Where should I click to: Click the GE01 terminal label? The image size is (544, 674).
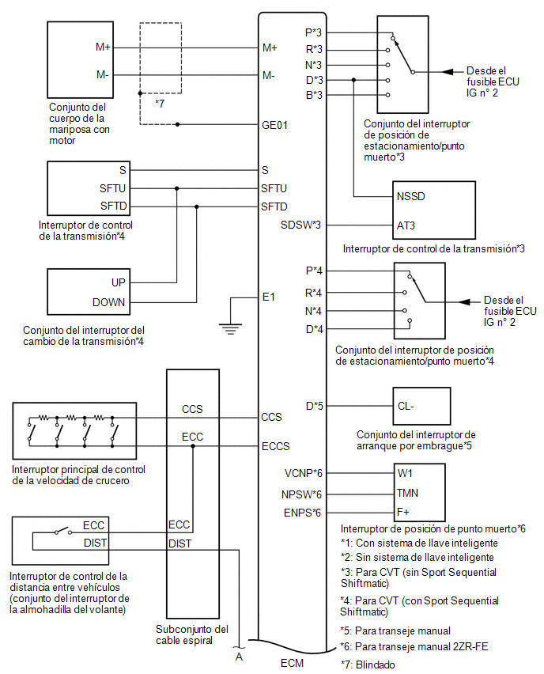[274, 125]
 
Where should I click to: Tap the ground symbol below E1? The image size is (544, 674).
[230, 329]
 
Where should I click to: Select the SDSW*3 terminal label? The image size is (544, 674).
[300, 225]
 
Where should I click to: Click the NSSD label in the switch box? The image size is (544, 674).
[411, 196]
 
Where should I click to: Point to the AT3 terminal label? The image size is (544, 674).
[406, 225]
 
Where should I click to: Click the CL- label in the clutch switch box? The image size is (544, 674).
[406, 406]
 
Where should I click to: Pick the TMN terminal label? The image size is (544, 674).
[407, 493]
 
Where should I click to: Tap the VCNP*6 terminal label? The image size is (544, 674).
[304, 473]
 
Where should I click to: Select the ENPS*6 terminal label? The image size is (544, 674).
[302, 513]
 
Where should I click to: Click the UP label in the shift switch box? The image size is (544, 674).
[118, 282]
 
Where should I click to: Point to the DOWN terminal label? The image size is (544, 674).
[108, 303]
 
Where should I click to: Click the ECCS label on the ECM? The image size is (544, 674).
[275, 446]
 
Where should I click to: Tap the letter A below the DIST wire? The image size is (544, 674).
[239, 657]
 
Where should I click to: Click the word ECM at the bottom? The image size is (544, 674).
[293, 663]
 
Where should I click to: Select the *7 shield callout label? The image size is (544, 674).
[160, 104]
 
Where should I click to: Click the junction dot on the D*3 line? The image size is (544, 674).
[353, 80]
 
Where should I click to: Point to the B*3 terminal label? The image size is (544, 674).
[314, 95]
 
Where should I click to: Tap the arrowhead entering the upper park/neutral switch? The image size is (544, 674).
[448, 72]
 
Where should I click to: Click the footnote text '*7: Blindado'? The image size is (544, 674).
[368, 665]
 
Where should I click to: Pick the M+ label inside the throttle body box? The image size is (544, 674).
[103, 47]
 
